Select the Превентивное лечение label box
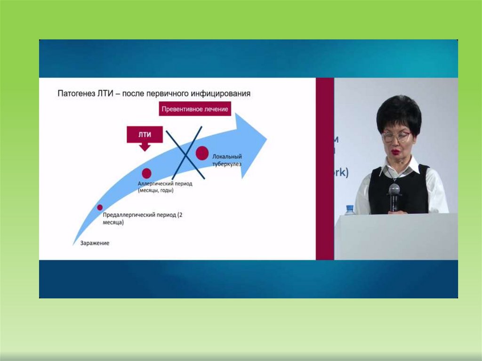click(x=194, y=109)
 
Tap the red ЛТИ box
click(x=145, y=135)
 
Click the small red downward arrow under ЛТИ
click(x=145, y=147)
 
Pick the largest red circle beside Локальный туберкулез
click(x=202, y=153)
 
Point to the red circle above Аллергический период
click(x=146, y=173)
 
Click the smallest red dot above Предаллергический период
click(x=100, y=207)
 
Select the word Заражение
click(x=95, y=243)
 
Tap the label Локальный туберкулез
click(x=227, y=160)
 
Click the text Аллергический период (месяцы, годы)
click(x=165, y=187)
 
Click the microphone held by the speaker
click(x=394, y=190)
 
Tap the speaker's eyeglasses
click(x=396, y=137)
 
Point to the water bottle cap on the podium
click(x=349, y=207)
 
